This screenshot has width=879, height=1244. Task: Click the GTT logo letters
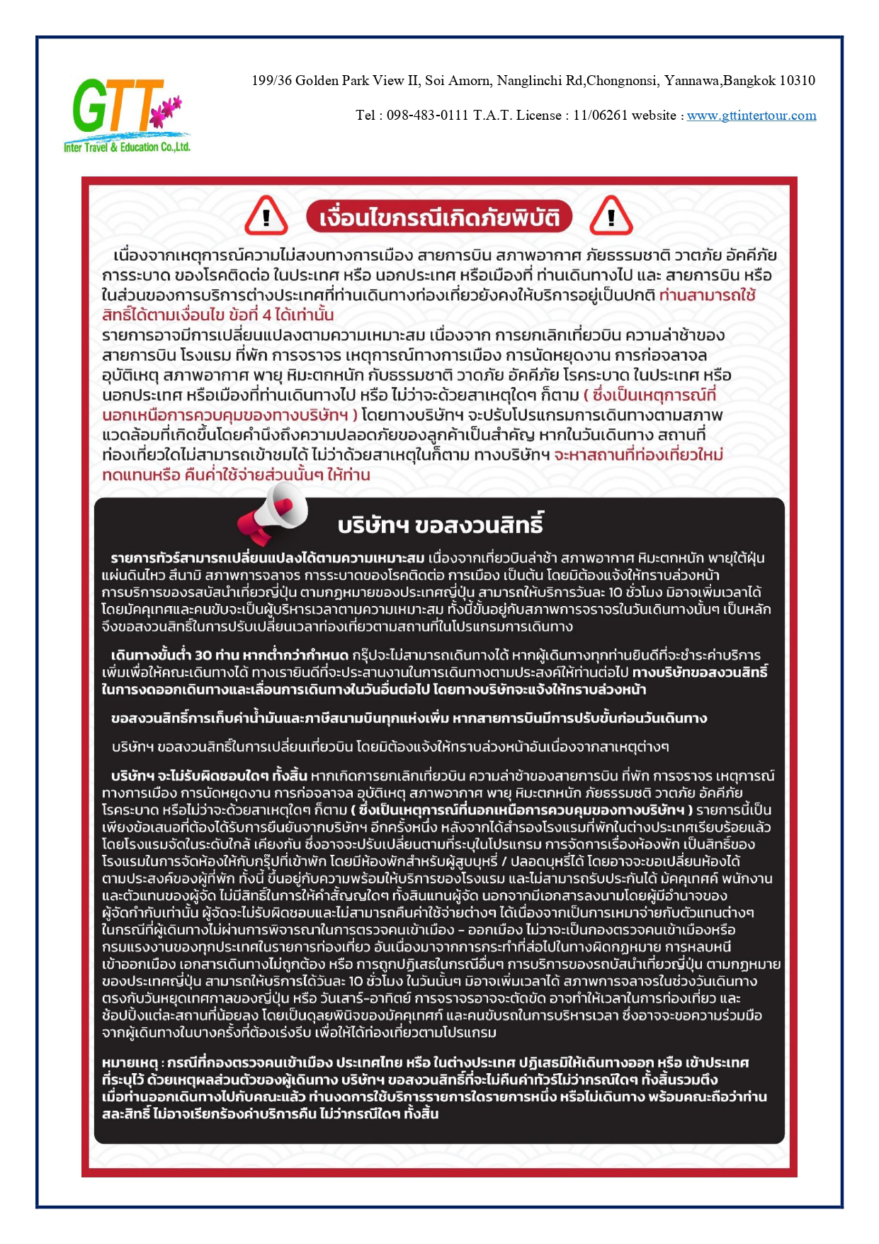tap(113, 106)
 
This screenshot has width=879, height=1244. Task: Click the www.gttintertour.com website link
tap(752, 116)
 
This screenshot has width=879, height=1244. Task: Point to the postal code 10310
tap(797, 81)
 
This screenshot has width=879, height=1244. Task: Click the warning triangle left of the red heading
tap(266, 216)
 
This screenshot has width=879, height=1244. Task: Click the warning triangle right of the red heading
tap(611, 216)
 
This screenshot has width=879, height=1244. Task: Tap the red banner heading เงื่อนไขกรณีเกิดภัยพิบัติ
tap(439, 217)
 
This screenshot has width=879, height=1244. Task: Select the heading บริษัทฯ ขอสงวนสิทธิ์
tap(441, 525)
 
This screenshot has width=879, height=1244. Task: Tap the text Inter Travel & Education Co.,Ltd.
tap(127, 147)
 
